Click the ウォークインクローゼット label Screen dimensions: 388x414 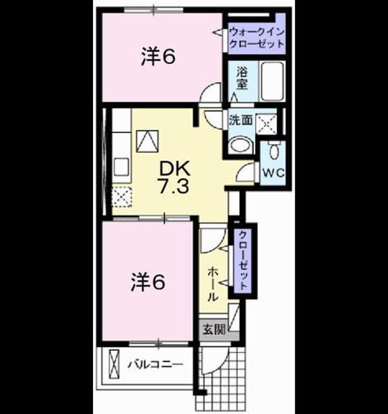tap(256, 38)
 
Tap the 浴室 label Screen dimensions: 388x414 tap(242, 78)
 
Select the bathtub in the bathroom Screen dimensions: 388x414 tap(272, 81)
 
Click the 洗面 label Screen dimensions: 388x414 tap(241, 120)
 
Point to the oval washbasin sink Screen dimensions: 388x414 tap(241, 145)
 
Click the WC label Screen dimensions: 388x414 tap(273, 173)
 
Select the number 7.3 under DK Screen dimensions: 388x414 tap(174, 186)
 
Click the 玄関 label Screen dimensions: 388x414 tap(214, 329)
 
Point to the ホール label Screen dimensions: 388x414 tap(213, 285)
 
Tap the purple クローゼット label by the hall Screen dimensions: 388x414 tap(243, 260)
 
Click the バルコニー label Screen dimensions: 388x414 tap(155, 365)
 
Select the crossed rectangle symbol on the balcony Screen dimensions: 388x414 tap(114, 364)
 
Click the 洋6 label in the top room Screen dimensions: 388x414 tap(158, 56)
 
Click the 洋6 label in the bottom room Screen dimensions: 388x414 tap(148, 283)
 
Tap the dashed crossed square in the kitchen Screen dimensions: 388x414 tap(122, 197)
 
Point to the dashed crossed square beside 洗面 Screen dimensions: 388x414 tap(266, 124)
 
